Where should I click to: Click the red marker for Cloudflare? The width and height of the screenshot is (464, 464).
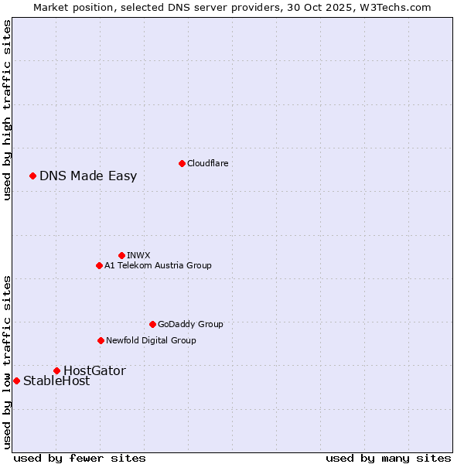pos(182,163)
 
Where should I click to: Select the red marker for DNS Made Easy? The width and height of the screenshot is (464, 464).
pos(32,176)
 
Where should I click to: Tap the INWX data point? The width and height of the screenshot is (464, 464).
pos(121,255)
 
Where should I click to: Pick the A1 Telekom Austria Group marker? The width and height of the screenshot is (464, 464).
pos(99,265)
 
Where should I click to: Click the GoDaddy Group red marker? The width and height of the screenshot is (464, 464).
pos(152,324)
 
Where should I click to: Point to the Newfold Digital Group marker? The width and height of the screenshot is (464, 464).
pos(101,340)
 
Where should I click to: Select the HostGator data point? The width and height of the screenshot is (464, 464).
pos(56,370)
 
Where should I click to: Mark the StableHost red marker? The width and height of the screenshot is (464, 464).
pos(16,380)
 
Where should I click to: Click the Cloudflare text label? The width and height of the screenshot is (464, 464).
pos(207,163)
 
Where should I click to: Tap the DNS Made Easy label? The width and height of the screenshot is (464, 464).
pos(88,176)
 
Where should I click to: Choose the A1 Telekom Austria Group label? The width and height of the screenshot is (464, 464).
pos(158,265)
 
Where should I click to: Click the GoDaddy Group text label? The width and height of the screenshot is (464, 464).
pos(190,324)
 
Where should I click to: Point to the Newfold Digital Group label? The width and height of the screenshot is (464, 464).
pos(151,340)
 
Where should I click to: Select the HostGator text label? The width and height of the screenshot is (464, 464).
pos(94,370)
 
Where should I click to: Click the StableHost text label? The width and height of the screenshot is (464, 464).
pos(56,380)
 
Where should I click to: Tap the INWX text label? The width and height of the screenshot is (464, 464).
pos(138,255)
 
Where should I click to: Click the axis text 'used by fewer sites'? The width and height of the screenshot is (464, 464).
pos(80,458)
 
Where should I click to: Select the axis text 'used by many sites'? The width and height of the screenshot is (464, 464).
pos(388,458)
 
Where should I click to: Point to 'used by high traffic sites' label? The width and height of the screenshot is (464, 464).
pos(7,110)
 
